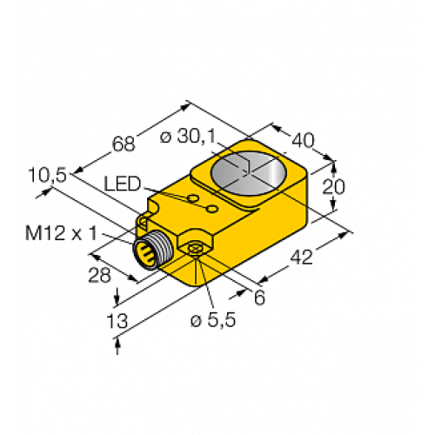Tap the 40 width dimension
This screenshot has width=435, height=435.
click(303, 138)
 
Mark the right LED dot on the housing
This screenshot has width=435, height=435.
click(209, 209)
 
